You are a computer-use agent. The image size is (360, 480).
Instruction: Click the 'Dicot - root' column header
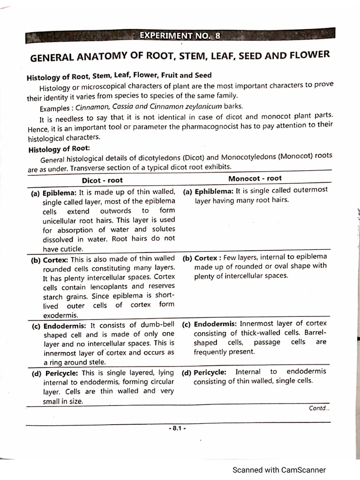tap(102, 180)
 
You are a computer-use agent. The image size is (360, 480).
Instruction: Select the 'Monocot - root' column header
tap(255, 179)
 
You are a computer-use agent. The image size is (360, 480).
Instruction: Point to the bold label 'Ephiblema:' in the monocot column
tap(214, 191)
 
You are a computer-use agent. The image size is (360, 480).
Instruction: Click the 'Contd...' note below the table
tap(319, 408)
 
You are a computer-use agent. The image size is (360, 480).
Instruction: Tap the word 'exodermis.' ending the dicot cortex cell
tap(61, 315)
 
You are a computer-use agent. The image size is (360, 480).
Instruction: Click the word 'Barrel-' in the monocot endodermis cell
tap(315, 333)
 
